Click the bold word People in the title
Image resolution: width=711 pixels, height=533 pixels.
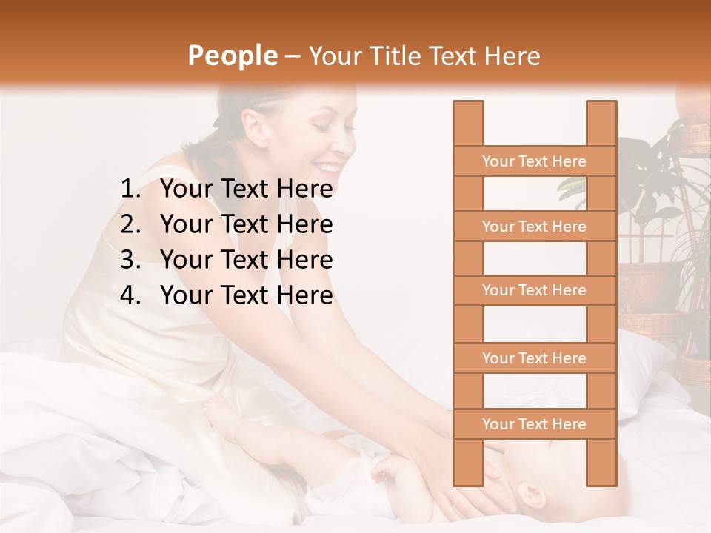232,56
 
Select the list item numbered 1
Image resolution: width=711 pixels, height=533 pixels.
227,190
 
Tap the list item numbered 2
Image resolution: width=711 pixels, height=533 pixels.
227,224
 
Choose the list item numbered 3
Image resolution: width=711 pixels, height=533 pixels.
227,260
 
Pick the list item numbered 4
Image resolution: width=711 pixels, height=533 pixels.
227,295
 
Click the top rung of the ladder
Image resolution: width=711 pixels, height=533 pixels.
534,161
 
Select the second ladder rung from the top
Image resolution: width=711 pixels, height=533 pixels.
534,227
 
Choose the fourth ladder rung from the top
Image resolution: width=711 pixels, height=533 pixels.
534,358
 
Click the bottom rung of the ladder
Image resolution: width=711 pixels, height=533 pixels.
534,424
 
